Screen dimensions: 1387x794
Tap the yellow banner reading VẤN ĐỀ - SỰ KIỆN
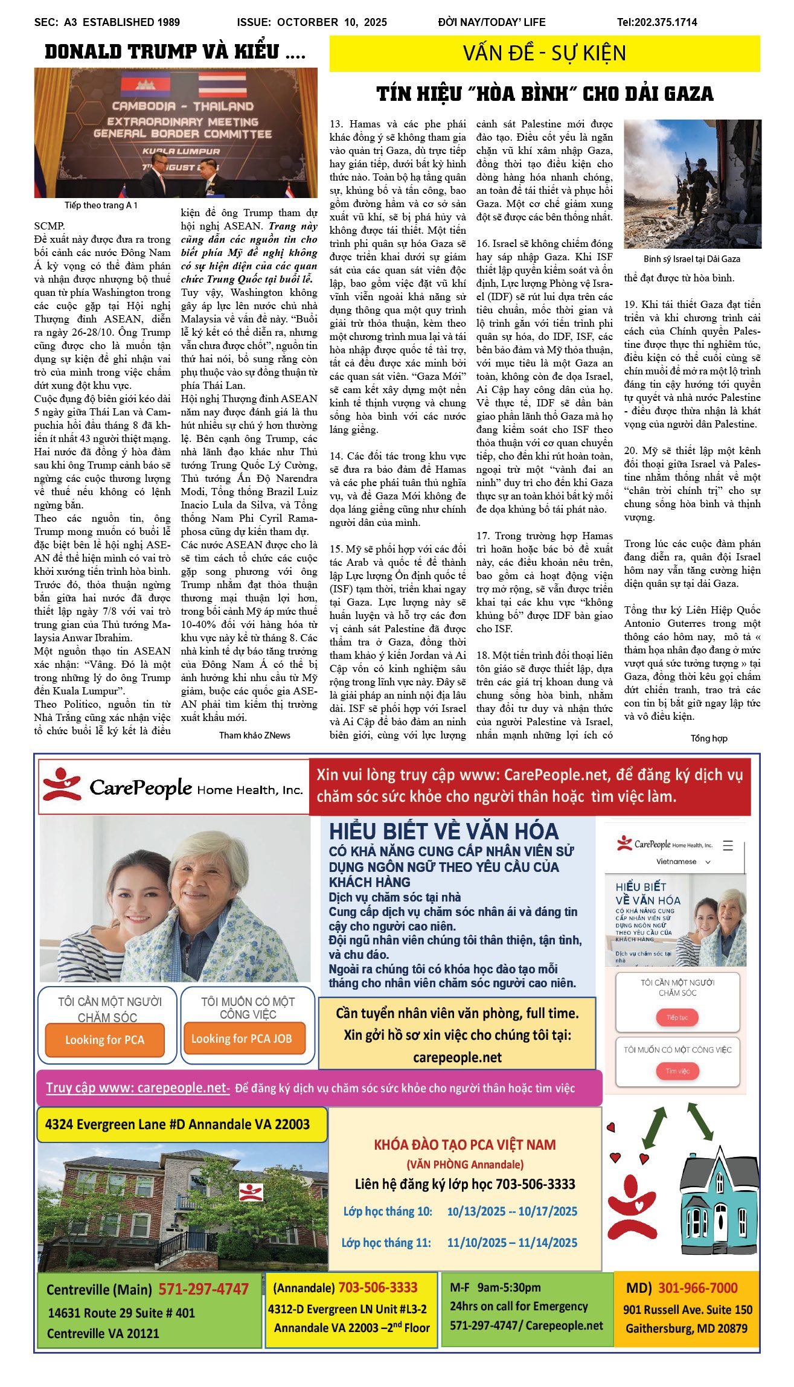[544, 53]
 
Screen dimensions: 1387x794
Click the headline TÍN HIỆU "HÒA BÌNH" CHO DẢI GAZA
[545, 94]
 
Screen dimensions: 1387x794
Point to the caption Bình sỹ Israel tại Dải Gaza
[691, 259]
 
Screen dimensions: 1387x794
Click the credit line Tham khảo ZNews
[254, 735]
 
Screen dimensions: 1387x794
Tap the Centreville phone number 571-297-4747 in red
[203, 1289]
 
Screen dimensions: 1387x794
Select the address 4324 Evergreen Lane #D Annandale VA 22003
[178, 1124]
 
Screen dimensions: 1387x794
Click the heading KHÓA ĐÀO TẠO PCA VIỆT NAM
[465, 1144]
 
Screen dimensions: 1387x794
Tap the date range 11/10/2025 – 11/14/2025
[512, 1242]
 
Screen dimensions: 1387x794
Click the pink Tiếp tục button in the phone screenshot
[677, 1017]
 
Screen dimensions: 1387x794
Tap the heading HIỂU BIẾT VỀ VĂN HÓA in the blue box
[444, 831]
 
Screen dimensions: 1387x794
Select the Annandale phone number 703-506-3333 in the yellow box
[377, 1287]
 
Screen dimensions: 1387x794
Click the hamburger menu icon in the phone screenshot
[728, 845]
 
